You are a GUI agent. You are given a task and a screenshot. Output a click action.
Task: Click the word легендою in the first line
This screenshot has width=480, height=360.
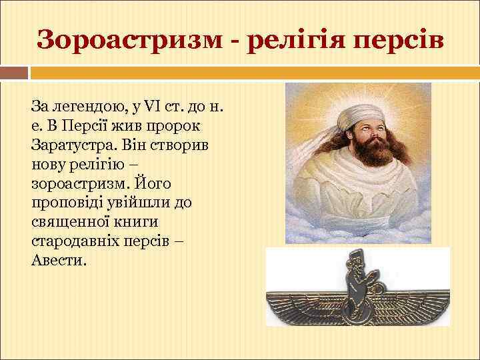click(x=77, y=107)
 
